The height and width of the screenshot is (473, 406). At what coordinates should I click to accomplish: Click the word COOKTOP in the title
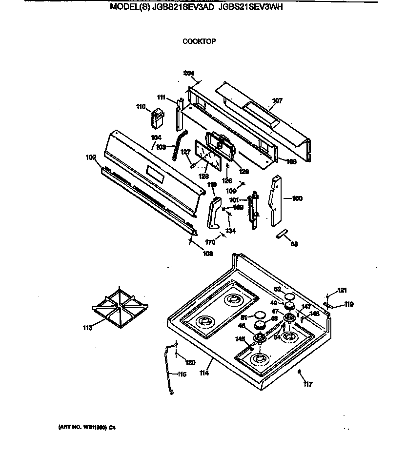199,41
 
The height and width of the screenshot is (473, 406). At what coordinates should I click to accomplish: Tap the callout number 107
277,101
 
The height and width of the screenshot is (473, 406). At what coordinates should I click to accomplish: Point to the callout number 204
189,73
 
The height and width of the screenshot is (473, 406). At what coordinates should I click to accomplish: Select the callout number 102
91,158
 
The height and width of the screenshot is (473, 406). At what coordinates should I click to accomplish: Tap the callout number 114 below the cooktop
204,373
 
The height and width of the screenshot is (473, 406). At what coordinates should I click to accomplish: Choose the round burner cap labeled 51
260,315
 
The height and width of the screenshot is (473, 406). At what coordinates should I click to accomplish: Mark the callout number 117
307,384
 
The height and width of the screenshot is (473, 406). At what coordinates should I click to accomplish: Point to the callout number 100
297,198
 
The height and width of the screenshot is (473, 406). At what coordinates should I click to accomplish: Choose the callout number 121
342,291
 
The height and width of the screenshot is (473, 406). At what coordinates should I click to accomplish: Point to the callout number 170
210,242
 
